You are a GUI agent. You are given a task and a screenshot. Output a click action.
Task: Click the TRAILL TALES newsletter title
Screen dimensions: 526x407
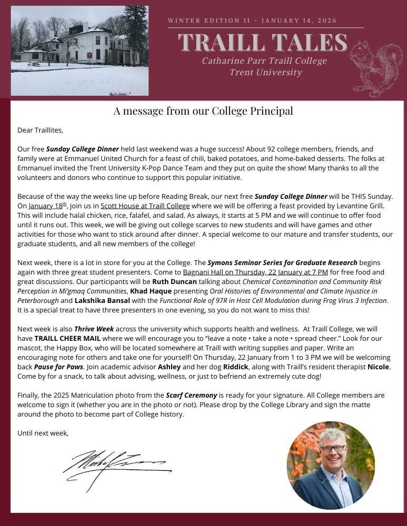[x=263, y=43]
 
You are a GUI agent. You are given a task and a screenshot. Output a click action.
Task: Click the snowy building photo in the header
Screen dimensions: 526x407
[x=80, y=50]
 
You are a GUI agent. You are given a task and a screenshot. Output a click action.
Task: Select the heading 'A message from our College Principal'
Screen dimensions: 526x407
[x=203, y=111]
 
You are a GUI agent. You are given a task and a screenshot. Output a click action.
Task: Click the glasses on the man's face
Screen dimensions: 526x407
[x=333, y=448]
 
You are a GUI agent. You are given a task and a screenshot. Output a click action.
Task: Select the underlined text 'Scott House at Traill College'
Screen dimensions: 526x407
[x=145, y=206]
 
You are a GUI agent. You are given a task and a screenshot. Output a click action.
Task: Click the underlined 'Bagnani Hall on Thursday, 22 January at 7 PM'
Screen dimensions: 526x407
[x=255, y=272]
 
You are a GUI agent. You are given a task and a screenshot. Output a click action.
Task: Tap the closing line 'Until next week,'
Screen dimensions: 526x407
[x=43, y=433]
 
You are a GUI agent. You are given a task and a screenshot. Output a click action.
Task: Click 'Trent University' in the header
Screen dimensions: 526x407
[x=266, y=73]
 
